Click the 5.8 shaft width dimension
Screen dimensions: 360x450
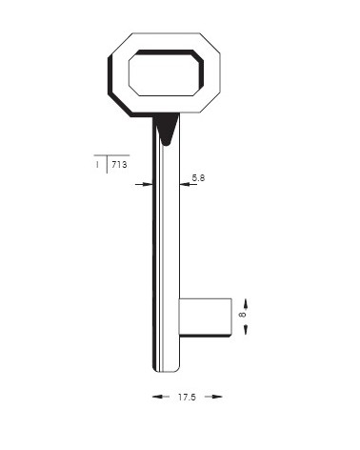[198, 178]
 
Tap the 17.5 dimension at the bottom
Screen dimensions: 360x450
[187, 398]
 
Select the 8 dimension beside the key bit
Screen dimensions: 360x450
[242, 315]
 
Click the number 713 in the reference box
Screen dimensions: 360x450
[119, 165]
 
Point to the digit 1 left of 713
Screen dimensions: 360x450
[97, 165]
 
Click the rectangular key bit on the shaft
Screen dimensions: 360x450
[205, 317]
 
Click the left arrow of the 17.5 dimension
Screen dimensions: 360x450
[161, 397]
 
